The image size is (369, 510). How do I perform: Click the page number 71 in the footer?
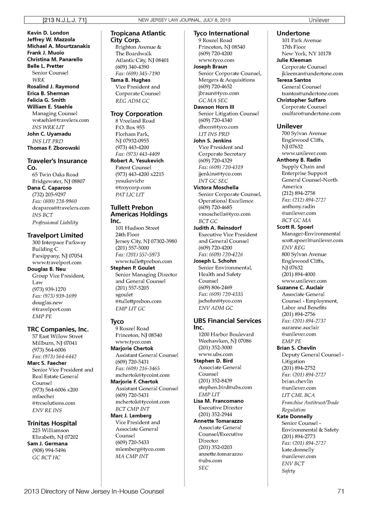(341, 491)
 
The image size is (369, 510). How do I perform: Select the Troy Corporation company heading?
(136, 114)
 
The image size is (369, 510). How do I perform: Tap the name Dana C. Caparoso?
(49, 188)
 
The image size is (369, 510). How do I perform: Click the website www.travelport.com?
(57, 262)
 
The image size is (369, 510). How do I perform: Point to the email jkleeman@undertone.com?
(312, 73)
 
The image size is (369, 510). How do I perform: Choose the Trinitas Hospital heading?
(52, 423)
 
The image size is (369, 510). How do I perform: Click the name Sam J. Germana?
(47, 443)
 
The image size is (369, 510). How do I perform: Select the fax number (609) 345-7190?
(138, 73)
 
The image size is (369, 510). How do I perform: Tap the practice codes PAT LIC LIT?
(130, 195)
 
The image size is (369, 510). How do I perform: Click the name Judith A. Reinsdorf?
(218, 228)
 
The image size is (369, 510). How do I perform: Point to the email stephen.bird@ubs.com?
(225, 387)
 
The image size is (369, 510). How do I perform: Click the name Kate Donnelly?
(294, 416)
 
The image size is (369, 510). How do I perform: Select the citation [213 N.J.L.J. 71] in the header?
(64, 20)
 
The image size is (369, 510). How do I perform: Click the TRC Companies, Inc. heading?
(58, 329)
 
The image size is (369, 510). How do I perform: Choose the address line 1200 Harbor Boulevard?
(226, 334)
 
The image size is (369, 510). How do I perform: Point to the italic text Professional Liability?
(55, 223)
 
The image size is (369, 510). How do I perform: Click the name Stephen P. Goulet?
(133, 268)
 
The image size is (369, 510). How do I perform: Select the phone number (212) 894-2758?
(298, 193)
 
